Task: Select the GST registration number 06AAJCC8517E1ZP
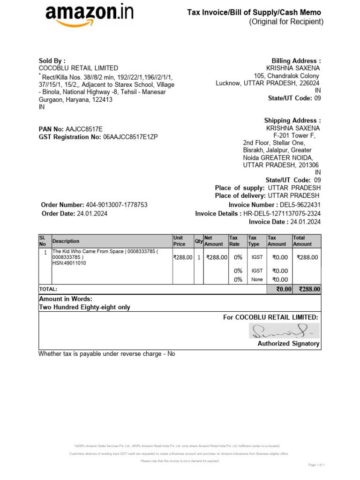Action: pos(130,137)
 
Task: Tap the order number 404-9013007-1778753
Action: pos(117,205)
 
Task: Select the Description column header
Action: pos(66,241)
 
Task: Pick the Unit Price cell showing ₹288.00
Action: pos(183,257)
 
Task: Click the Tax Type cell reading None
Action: pos(257,280)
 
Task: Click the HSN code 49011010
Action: pos(69,263)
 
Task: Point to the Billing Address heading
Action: pos(296,61)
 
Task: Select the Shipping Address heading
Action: pos(292,120)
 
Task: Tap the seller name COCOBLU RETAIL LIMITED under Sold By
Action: pos(78,68)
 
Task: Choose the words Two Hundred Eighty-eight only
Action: pos(84,307)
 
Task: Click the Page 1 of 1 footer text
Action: pos(316,465)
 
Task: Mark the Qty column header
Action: pos(199,241)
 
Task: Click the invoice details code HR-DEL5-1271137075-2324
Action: pos(282,214)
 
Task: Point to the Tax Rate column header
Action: pos(234,241)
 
